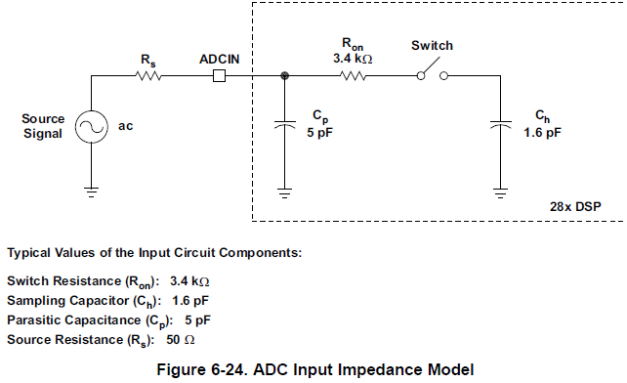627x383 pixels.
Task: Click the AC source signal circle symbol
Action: click(91, 126)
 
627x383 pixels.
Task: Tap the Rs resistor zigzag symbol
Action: click(147, 75)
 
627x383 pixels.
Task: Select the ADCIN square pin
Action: click(219, 75)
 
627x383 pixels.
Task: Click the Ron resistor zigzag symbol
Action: click(353, 75)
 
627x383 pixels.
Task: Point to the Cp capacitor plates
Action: click(285, 124)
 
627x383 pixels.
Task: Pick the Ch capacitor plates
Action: click(500, 124)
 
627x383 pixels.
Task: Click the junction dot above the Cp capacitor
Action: click(285, 75)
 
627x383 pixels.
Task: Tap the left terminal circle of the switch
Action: click(421, 75)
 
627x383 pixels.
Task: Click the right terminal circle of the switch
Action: click(443, 75)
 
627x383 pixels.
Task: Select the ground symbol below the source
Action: click(91, 192)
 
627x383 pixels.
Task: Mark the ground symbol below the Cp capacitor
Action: click(285, 192)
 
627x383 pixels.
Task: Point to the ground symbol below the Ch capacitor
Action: click(500, 192)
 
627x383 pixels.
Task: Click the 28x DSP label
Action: click(575, 206)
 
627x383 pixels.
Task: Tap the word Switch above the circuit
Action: click(433, 45)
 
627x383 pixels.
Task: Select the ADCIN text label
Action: click(219, 60)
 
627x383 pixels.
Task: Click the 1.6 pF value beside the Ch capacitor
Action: click(542, 132)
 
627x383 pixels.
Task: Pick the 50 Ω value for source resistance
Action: click(181, 340)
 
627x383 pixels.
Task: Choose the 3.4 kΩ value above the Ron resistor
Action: click(353, 59)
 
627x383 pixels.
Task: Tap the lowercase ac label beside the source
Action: click(125, 126)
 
